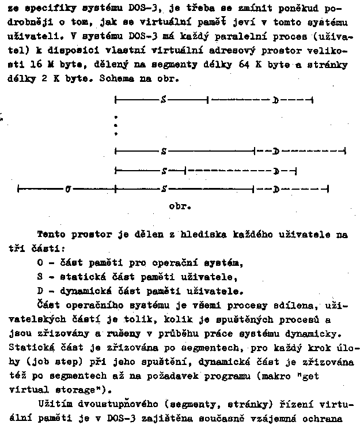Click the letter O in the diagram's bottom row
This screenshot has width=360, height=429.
pyautogui.click(x=68, y=189)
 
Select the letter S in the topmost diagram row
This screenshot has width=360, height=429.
pyautogui.click(x=164, y=100)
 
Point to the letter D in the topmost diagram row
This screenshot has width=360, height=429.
pyautogui.click(x=276, y=100)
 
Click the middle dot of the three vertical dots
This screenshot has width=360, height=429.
pyautogui.click(x=116, y=125)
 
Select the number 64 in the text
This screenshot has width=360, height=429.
pyautogui.click(x=242, y=65)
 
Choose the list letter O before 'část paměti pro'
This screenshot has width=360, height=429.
pyautogui.click(x=39, y=264)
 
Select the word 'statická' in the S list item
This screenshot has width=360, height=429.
pyautogui.click(x=73, y=277)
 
